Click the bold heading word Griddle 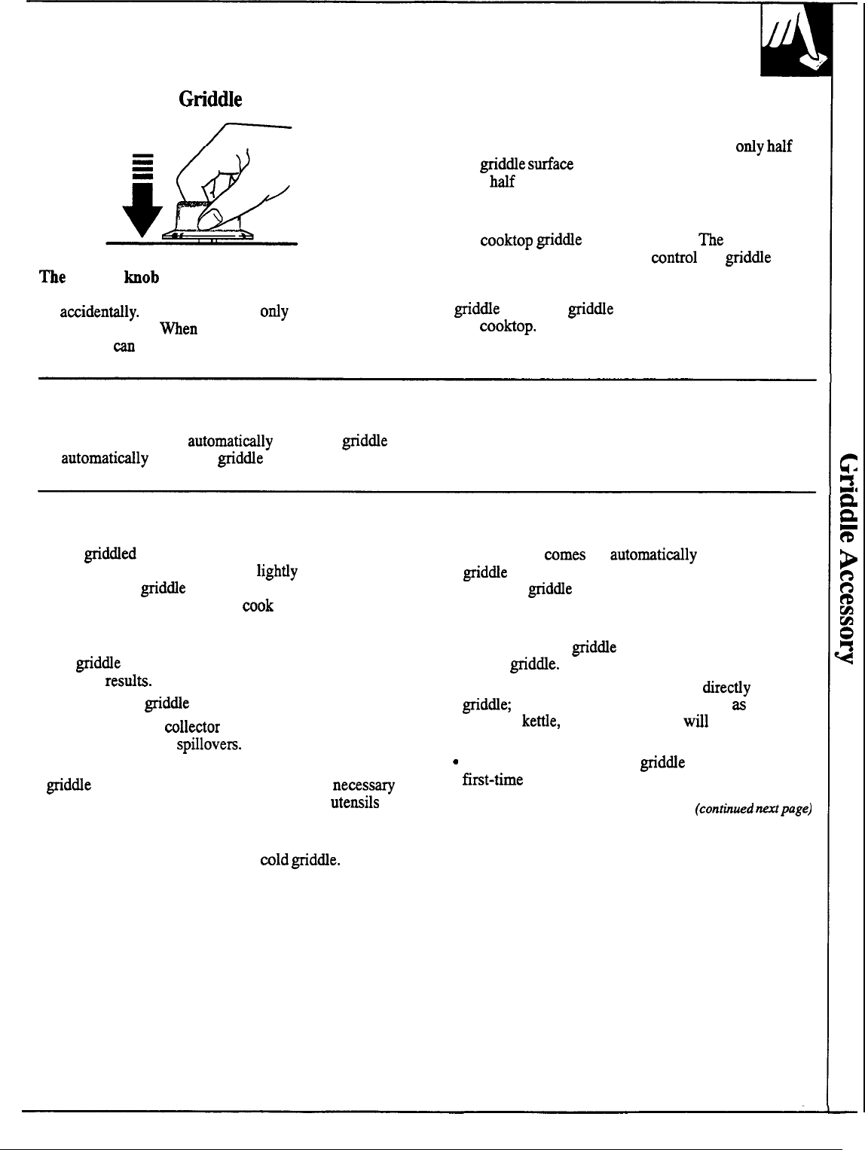pyautogui.click(x=210, y=99)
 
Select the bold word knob pyautogui.click(x=142, y=277)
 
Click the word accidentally pyautogui.click(x=99, y=312)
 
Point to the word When pyautogui.click(x=179, y=329)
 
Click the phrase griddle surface pyautogui.click(x=526, y=164)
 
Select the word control pyautogui.click(x=674, y=258)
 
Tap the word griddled pyautogui.click(x=110, y=554)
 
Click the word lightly pyautogui.click(x=277, y=572)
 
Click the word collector pyautogui.click(x=192, y=727)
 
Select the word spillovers pyautogui.click(x=209, y=745)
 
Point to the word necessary pyautogui.click(x=363, y=785)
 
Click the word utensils pyautogui.click(x=354, y=803)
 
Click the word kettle pyautogui.click(x=541, y=721)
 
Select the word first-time pyautogui.click(x=492, y=779)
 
